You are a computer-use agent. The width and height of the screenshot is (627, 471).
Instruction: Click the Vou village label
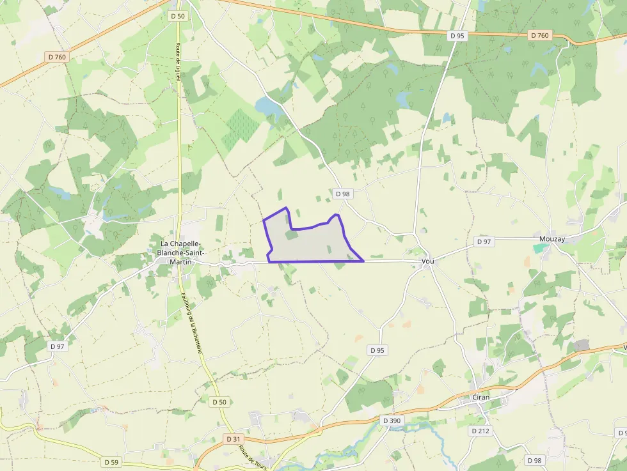coord(428,262)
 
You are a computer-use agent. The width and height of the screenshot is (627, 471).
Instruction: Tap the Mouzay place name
coord(552,239)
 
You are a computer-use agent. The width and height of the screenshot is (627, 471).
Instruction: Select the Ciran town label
coord(480,398)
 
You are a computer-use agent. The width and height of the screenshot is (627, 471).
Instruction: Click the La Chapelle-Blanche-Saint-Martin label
coord(182,252)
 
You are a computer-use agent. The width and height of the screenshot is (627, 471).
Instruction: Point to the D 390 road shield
coord(392,421)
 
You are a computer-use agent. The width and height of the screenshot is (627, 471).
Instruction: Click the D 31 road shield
coord(233,439)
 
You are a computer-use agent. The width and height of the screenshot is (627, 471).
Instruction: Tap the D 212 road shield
coord(480,431)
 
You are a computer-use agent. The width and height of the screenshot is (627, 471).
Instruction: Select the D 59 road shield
coord(111,461)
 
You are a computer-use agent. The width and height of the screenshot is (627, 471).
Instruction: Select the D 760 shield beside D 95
coord(539,35)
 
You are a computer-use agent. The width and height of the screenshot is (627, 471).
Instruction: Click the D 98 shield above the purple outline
coord(342,194)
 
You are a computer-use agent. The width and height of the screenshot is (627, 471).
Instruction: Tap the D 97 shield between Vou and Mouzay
coord(484,242)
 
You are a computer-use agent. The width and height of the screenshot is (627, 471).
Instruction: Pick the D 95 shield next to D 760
coord(457,36)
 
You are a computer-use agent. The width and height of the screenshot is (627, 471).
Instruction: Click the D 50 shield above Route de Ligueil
coord(178,15)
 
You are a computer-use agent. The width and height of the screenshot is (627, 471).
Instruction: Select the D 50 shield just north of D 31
coord(219,402)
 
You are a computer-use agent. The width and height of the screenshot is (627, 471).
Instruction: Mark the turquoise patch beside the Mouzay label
coord(541,248)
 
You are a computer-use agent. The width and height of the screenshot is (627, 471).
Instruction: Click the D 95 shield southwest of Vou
coord(377,350)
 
